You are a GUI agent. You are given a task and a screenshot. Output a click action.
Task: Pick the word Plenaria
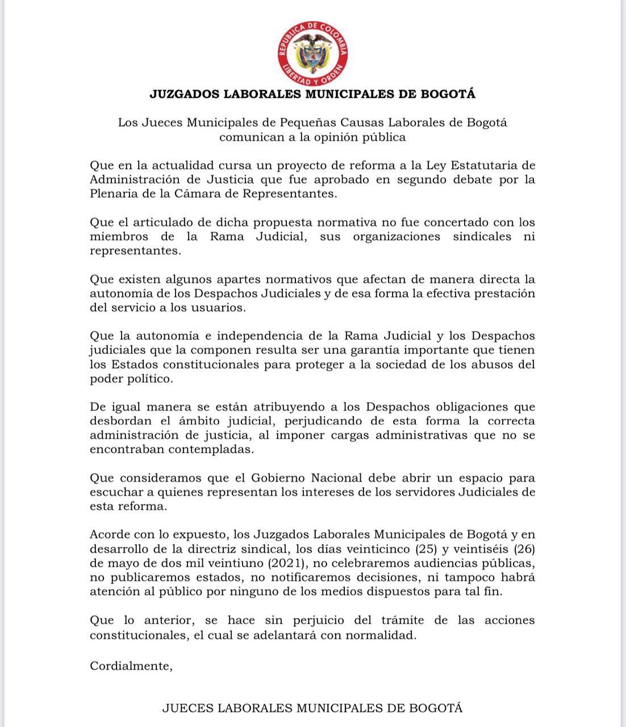[x=112, y=194]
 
